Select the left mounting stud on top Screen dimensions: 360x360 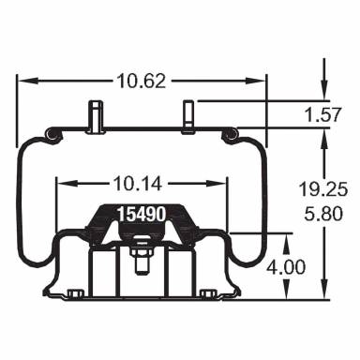96,116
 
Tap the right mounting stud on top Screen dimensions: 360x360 186,116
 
